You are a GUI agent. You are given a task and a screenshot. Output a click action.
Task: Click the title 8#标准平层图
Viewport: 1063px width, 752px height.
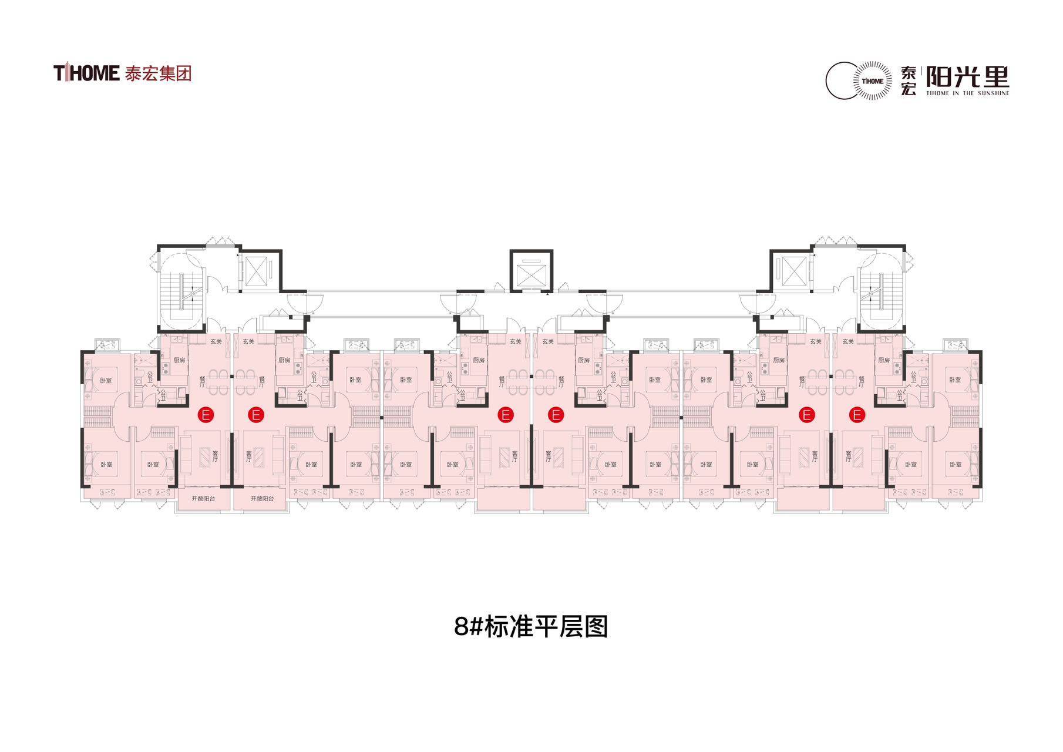[531, 627]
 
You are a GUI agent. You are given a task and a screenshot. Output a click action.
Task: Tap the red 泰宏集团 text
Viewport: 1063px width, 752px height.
[158, 73]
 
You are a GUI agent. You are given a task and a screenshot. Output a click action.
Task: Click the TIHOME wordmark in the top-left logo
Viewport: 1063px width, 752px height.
[87, 73]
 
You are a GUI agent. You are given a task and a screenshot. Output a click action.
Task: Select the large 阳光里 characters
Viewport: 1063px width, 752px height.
[967, 76]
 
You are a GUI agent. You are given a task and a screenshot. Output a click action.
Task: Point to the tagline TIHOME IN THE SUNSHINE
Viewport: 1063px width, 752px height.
[967, 93]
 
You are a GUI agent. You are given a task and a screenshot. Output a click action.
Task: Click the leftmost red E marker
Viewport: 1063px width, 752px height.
[206, 415]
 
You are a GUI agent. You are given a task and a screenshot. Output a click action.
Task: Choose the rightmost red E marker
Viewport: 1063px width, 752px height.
[857, 415]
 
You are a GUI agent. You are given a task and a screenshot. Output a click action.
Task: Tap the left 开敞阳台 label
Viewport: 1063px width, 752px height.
[203, 499]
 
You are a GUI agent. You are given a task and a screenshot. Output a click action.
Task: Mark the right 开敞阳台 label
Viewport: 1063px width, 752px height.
[262, 499]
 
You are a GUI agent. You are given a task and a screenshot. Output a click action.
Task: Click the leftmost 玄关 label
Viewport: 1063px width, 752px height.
[216, 341]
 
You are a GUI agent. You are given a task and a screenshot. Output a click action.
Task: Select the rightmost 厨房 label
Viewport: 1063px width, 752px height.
[883, 360]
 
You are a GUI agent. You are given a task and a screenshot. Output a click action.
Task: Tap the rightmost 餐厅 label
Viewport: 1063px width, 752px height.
[860, 382]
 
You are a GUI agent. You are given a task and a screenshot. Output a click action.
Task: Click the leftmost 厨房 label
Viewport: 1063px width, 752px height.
[179, 360]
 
